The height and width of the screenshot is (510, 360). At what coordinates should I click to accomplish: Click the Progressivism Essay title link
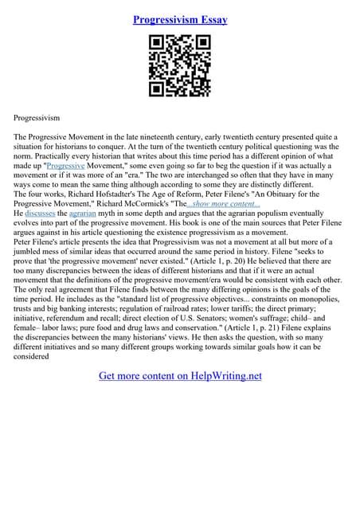coord(180,19)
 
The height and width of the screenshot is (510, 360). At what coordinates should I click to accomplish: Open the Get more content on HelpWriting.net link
coord(180,375)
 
